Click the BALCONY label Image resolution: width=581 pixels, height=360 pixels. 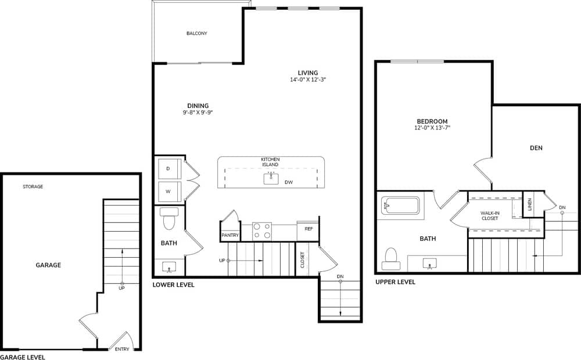(196, 34)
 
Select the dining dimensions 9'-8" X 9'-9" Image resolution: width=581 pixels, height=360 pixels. (198, 113)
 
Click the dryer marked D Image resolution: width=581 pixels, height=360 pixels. (168, 168)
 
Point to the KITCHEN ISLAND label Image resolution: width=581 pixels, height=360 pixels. (270, 162)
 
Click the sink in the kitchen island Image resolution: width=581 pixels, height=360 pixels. (271, 178)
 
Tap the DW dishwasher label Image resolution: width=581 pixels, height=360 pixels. (289, 182)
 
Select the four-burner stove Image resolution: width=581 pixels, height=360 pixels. (262, 231)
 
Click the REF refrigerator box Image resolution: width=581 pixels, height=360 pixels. (309, 229)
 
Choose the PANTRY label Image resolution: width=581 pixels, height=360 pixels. (229, 235)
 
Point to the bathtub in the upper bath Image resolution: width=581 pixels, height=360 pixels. (400, 206)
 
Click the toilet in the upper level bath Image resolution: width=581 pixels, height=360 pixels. (391, 258)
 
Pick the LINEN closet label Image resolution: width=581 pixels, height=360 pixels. (530, 204)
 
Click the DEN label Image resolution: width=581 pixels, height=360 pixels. (536, 148)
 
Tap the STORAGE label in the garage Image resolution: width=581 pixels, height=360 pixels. (33, 187)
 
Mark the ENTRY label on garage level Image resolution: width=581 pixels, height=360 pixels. (122, 349)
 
